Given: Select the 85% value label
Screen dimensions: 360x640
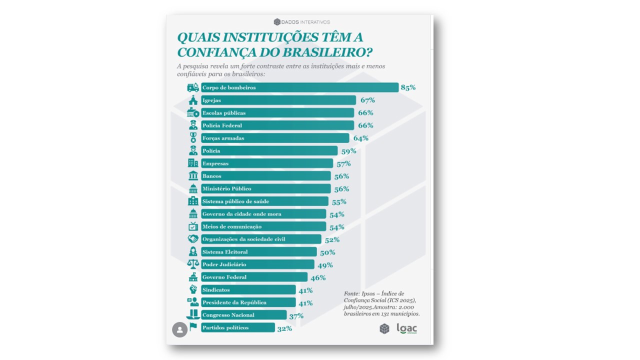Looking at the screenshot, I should pyautogui.click(x=408, y=87).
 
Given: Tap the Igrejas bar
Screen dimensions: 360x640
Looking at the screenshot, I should pyautogui.click(x=278, y=100).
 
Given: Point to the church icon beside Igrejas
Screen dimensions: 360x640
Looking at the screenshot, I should pyautogui.click(x=193, y=100).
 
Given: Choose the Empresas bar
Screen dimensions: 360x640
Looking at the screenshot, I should pyautogui.click(x=266, y=163).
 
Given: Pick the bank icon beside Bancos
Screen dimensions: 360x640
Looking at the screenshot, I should pyautogui.click(x=193, y=176).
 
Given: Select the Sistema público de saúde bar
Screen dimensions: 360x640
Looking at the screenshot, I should pyautogui.click(x=264, y=201).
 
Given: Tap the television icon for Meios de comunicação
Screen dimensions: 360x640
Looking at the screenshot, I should pyautogui.click(x=193, y=226).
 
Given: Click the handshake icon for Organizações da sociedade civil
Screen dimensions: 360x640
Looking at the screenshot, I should pyautogui.click(x=193, y=239).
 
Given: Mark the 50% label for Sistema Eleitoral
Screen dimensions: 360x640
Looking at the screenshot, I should pyautogui.click(x=327, y=252).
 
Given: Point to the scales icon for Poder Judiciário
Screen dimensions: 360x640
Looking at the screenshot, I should pyautogui.click(x=193, y=264).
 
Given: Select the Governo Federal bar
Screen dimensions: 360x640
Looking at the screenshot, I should pyautogui.click(x=254, y=277).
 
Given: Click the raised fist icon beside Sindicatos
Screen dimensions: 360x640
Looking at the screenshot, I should pyautogui.click(x=193, y=289).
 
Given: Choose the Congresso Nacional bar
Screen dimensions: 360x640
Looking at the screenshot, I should pyautogui.click(x=243, y=315).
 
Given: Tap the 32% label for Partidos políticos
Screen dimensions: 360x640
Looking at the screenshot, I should pyautogui.click(x=284, y=328).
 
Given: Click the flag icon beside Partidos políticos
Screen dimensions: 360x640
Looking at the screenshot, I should pyautogui.click(x=193, y=327).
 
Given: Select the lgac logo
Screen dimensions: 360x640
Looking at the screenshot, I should pyautogui.click(x=406, y=328).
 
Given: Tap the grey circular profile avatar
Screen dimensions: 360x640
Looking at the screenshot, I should pyautogui.click(x=178, y=329).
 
